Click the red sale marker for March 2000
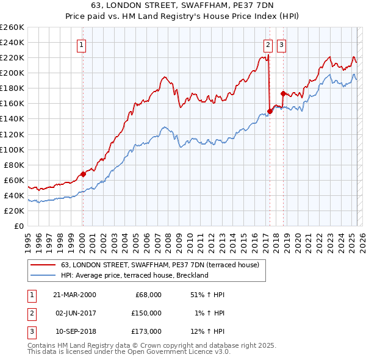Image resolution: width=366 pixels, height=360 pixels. (x=84, y=174)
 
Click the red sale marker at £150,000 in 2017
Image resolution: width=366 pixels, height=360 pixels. (x=270, y=112)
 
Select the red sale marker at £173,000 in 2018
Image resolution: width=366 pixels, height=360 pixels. (x=283, y=94)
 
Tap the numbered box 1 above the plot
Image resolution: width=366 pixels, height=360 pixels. (x=81, y=44)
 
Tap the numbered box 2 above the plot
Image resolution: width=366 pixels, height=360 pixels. (x=268, y=44)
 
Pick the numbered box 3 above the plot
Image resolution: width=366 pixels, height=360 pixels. (x=281, y=44)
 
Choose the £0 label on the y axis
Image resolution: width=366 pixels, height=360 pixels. (x=18, y=226)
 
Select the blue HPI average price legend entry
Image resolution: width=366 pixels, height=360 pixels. (x=134, y=275)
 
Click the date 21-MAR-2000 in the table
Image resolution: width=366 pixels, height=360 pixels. (x=74, y=295)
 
